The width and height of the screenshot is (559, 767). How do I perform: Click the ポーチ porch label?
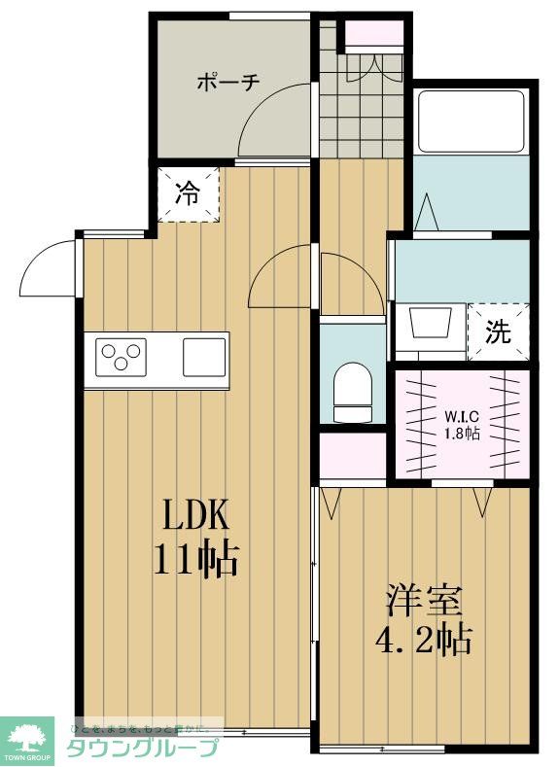[228, 82]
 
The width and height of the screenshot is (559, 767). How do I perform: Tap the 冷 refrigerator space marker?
[186, 192]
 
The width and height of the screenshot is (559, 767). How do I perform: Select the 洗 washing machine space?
[498, 332]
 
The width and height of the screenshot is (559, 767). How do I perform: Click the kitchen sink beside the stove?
[204, 356]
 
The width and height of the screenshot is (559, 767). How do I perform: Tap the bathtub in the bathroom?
[471, 122]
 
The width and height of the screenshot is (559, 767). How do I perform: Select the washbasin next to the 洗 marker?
[427, 322]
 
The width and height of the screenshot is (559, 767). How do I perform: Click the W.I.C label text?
[462, 417]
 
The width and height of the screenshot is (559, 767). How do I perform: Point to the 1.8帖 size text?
[462, 434]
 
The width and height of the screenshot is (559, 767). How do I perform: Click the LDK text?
[194, 512]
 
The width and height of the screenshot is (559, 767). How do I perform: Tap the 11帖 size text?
[194, 559]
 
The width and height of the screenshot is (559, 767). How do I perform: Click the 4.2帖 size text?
[422, 641]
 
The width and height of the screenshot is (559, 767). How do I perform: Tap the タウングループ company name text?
[142, 749]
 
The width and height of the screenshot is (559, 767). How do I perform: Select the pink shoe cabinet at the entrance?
[374, 33]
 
